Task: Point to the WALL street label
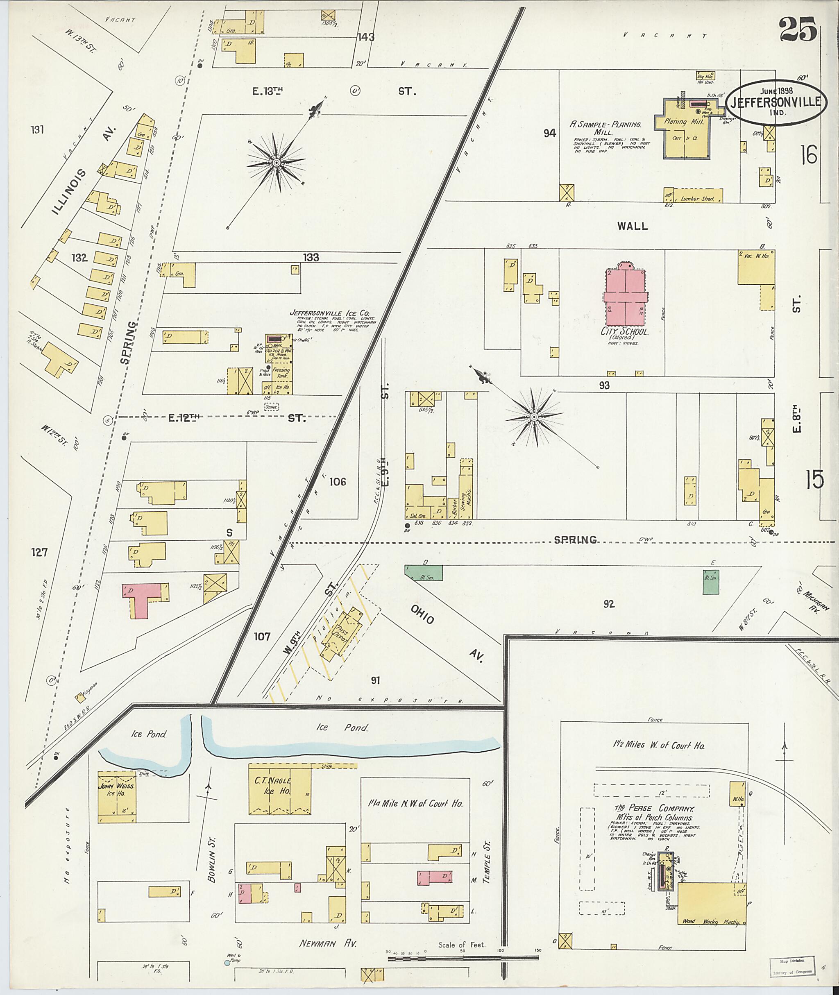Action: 633,226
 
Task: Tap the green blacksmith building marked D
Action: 424,573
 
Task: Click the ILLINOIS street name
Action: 70,192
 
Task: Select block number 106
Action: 337,482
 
